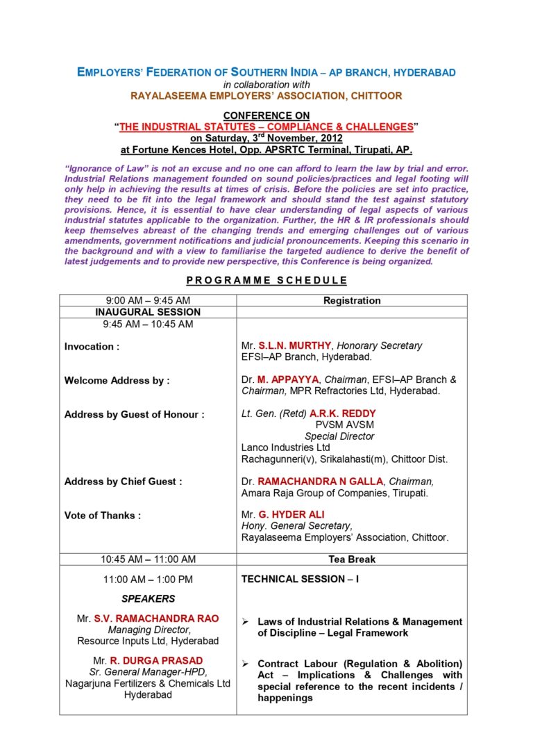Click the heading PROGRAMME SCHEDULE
(266, 280)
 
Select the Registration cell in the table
(352, 300)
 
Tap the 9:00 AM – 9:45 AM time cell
(148, 300)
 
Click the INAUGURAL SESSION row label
(148, 312)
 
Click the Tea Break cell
(352, 559)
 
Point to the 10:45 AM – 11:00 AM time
(148, 559)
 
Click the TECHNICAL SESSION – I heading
(299, 578)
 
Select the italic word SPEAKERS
(148, 598)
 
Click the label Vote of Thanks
(102, 515)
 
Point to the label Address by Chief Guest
(124, 481)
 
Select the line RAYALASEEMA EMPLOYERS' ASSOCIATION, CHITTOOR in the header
(266, 95)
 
